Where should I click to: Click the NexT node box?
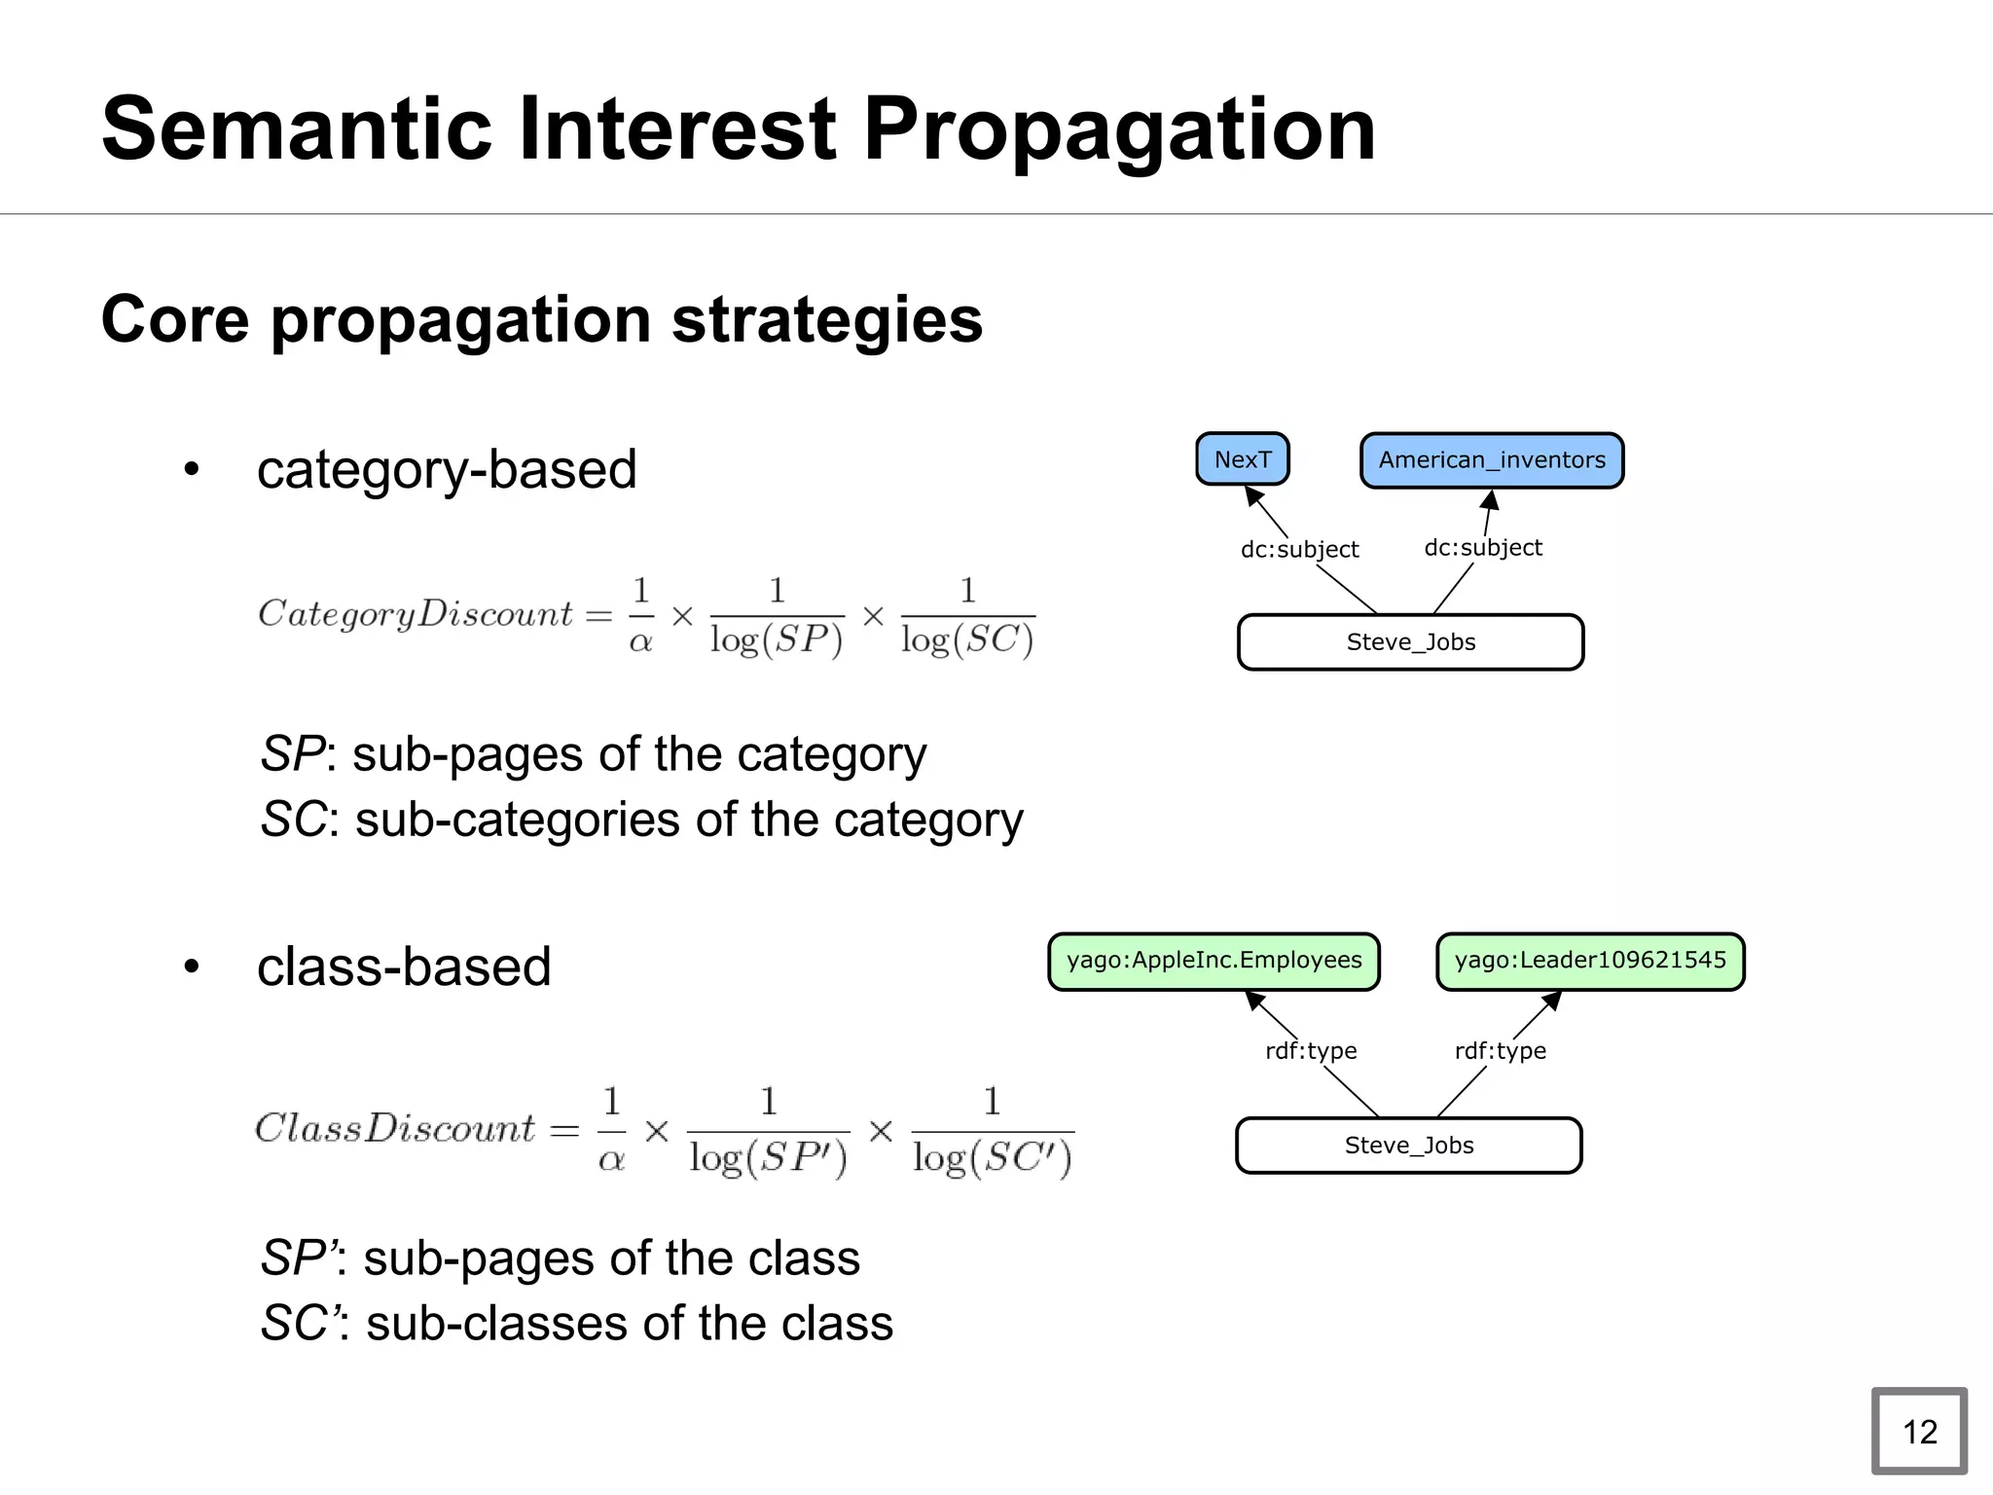pos(1242,459)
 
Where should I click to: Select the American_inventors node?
pos(1491,460)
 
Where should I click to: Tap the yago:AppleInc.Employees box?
pos(1214,961)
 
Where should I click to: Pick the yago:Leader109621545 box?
pos(1590,961)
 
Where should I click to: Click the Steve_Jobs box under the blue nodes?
pos(1410,642)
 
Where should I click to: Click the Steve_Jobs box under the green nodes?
pos(1408,1146)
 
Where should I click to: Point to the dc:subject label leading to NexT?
pos(1299,550)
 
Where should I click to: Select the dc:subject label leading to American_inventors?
pos(1482,548)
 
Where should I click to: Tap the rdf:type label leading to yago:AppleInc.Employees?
pos(1310,1051)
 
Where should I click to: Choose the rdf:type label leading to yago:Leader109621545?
pos(1500,1051)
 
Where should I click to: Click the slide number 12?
pos(1919,1432)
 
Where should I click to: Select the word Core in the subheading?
pos(174,320)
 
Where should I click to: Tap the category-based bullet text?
pos(447,470)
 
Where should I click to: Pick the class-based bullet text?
pos(404,967)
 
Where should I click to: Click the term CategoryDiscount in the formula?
pos(416,614)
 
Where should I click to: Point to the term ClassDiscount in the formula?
pos(395,1129)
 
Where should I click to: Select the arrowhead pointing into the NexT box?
pos(1254,495)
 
